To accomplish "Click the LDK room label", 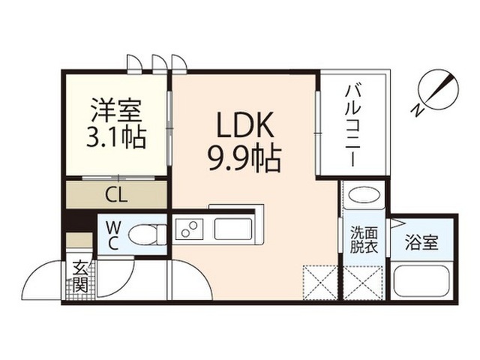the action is click(244, 124).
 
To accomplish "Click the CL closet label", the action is click(116, 195).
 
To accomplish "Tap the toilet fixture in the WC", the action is click(148, 235).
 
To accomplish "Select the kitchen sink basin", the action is click(233, 229).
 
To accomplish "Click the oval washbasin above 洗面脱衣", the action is click(364, 194).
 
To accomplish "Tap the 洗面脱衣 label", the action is click(364, 240).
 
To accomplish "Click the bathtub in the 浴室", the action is click(421, 281).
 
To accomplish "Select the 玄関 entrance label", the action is click(80, 276).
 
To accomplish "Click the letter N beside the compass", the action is click(417, 110).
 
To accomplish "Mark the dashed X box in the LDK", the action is click(320, 283).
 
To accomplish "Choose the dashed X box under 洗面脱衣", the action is click(363, 283).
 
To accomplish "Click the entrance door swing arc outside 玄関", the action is click(37, 270).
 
